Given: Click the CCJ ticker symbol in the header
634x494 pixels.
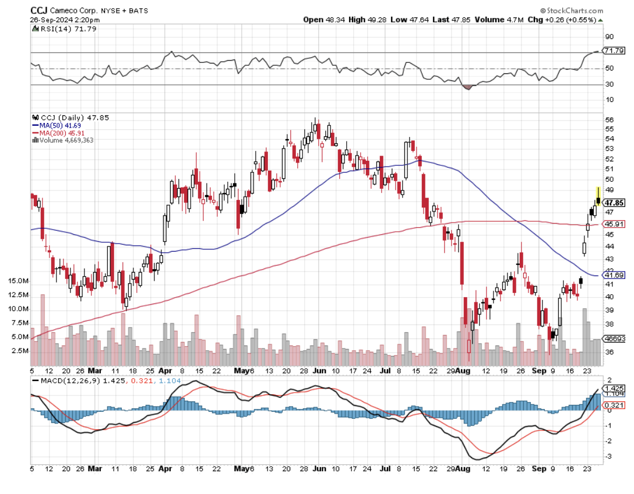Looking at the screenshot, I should (39, 10).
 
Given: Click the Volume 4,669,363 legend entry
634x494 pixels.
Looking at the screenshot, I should (65, 140).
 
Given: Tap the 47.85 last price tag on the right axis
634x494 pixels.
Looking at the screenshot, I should (615, 203).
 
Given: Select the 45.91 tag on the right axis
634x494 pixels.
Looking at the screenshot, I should (614, 224).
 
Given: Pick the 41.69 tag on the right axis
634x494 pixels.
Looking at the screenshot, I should (614, 275).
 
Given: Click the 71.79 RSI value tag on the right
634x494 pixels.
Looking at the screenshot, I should (614, 51).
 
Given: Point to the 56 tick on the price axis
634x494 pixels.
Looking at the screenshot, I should (608, 119).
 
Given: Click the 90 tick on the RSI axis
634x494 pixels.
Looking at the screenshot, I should (609, 36).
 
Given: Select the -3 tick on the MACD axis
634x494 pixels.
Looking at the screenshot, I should (610, 456).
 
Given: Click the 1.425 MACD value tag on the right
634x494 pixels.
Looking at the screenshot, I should (615, 388).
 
